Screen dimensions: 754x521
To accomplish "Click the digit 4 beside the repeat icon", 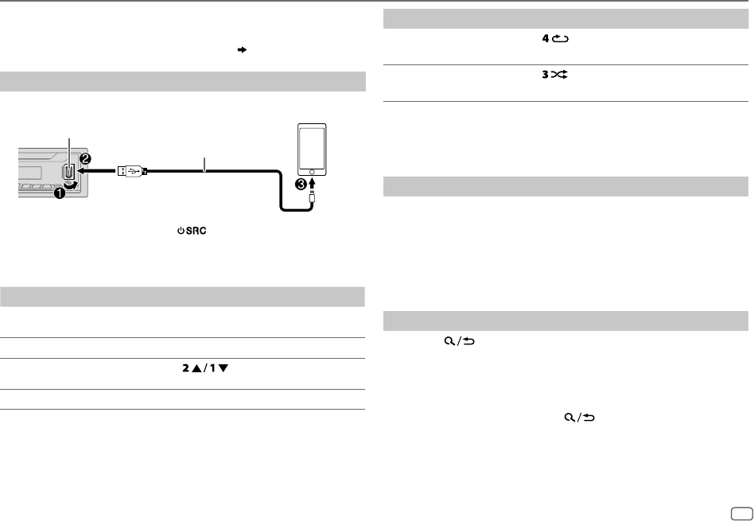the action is (546, 38).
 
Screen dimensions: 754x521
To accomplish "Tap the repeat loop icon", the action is (560, 38).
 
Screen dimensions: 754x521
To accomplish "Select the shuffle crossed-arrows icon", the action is (559, 75).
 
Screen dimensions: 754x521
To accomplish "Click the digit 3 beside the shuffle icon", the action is (546, 75).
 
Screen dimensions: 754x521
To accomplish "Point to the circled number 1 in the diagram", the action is (59, 193).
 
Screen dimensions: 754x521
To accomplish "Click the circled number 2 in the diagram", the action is (85, 158).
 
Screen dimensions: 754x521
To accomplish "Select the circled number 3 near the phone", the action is (301, 183).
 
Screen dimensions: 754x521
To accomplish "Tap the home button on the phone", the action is (312, 172).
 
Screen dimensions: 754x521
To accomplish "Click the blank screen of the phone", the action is (312, 146).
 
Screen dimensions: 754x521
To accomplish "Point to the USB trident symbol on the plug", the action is (133, 170).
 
